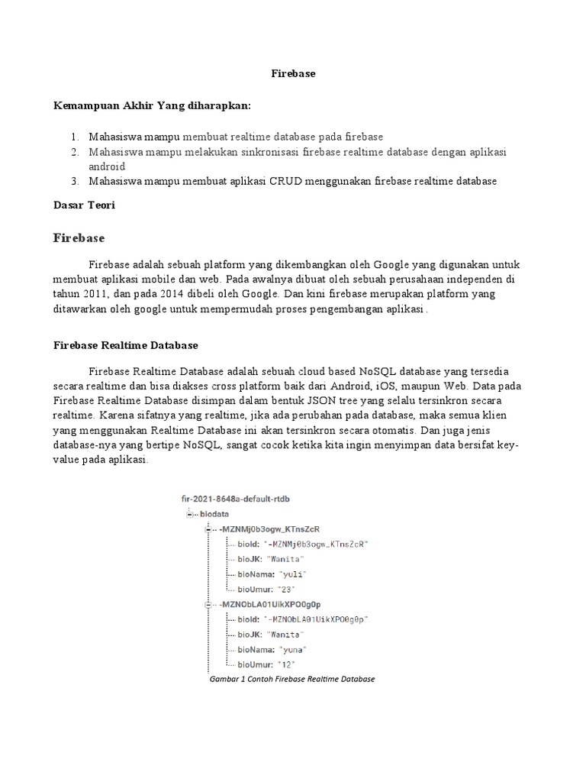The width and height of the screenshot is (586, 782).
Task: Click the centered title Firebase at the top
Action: click(x=294, y=74)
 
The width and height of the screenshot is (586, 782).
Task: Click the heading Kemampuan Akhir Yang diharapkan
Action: click(x=152, y=105)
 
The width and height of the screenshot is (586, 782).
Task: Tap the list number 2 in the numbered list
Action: click(x=76, y=152)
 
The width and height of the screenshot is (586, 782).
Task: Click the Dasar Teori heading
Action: click(x=84, y=205)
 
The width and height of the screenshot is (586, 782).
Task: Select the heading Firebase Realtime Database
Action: click(x=126, y=345)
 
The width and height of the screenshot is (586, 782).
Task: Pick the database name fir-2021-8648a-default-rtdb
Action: click(x=235, y=499)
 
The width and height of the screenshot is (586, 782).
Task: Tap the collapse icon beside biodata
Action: click(x=189, y=514)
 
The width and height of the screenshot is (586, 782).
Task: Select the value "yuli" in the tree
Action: click(x=294, y=574)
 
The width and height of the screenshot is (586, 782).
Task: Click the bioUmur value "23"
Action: click(x=288, y=590)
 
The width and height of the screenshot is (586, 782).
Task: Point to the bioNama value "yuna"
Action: click(x=293, y=649)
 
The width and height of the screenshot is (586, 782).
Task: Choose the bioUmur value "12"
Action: click(x=288, y=664)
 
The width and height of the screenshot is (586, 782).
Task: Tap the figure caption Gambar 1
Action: click(x=292, y=679)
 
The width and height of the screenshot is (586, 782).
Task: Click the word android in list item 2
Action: click(x=107, y=166)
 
